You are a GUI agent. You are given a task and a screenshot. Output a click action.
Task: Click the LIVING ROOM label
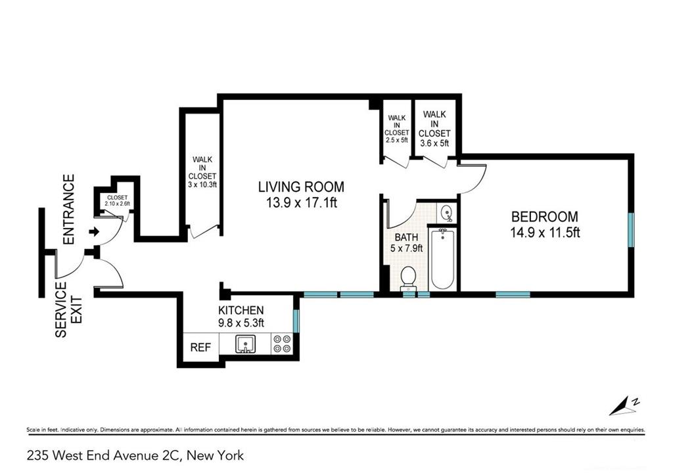pyautogui.click(x=301, y=187)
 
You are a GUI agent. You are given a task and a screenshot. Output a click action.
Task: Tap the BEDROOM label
pyautogui.click(x=545, y=216)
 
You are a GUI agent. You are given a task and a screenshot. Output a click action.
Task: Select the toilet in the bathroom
pyautogui.click(x=407, y=277)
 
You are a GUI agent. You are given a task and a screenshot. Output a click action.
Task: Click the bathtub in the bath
pyautogui.click(x=442, y=258)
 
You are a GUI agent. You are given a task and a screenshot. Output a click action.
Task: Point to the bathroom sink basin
pyautogui.click(x=447, y=212)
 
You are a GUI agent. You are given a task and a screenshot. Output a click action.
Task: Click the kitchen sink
pyautogui.click(x=246, y=344)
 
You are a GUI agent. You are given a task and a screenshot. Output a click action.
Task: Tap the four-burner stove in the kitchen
pyautogui.click(x=282, y=344)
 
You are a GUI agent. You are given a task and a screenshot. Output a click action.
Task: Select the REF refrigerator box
pyautogui.click(x=201, y=347)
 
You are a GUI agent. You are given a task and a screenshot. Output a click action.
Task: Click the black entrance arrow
pyautogui.click(x=94, y=232)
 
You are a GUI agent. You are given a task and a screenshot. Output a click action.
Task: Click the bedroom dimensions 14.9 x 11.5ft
pyautogui.click(x=545, y=233)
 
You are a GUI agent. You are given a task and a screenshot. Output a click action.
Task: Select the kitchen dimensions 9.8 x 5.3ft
pyautogui.click(x=241, y=323)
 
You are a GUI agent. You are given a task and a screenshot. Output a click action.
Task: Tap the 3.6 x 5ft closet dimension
pyautogui.click(x=434, y=143)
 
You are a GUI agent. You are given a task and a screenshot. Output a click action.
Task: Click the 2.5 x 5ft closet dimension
pyautogui.click(x=396, y=140)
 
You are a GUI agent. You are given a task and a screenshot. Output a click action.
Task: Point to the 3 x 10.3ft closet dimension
pyautogui.click(x=202, y=185)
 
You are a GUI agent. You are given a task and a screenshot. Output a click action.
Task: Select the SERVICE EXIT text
pyautogui.click(x=68, y=309)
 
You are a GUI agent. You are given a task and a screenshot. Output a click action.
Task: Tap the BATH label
pyautogui.click(x=406, y=237)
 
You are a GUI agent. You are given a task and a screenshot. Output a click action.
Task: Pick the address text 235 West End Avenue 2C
pyautogui.click(x=104, y=455)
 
